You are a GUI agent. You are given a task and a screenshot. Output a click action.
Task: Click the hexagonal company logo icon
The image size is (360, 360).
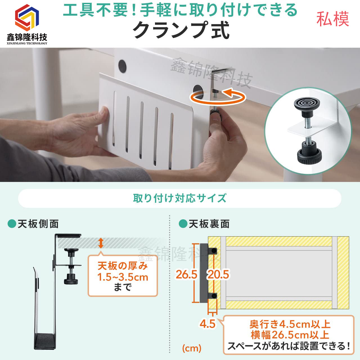(x=27, y=17)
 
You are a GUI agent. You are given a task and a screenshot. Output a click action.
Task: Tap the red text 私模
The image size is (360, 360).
(x=333, y=19)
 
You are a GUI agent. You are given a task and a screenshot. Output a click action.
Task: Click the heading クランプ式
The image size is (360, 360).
(x=181, y=30)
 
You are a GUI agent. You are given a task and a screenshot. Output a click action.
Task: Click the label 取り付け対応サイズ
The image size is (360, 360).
(x=180, y=198)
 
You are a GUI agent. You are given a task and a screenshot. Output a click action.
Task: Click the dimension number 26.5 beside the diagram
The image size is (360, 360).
(x=186, y=274)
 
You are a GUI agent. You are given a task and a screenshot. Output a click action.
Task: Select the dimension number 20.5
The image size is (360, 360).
(x=218, y=274)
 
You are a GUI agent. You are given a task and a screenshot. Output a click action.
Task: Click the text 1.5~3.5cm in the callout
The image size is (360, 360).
(x=123, y=277)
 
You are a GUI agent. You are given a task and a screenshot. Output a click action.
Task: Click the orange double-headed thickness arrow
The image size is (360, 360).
(x=101, y=243)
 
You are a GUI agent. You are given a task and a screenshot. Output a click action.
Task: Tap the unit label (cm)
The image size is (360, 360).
(x=192, y=348)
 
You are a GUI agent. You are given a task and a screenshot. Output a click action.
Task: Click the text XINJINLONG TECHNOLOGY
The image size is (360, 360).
(x=27, y=43)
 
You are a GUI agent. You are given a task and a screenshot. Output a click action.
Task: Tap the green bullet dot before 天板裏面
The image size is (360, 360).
(x=183, y=224)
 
